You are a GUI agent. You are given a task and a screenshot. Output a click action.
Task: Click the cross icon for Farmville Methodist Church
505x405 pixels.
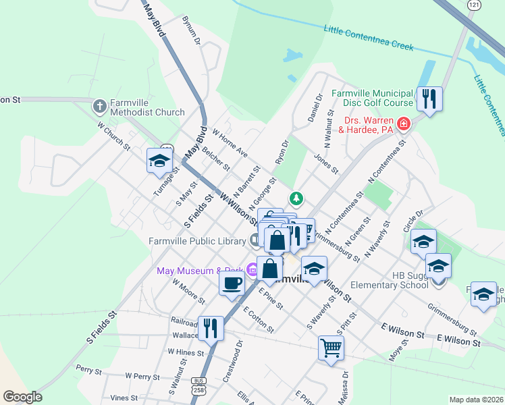coord(100,106)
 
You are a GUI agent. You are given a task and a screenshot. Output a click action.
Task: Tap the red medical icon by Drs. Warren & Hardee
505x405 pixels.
coord(404,124)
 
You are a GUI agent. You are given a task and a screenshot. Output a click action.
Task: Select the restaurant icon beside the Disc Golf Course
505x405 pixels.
coord(429,99)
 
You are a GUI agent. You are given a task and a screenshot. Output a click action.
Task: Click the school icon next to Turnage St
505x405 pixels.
coord(159,160)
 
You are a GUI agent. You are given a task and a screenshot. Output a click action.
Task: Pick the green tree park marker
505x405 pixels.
coord(296,198)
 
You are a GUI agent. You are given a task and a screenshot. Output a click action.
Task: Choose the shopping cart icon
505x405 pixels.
coord(331,348)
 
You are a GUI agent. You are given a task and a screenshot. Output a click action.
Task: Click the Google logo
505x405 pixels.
coord(22,397)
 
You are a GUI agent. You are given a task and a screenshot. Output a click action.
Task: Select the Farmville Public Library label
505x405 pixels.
coord(196,241)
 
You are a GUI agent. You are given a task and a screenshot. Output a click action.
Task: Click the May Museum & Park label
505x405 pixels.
coord(201,271)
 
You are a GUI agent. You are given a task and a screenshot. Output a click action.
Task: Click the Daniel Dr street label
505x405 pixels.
coord(314,107)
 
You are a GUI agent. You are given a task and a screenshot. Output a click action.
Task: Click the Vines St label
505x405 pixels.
coord(124,398)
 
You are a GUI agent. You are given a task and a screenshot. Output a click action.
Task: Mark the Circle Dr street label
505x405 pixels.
coord(413,221)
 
